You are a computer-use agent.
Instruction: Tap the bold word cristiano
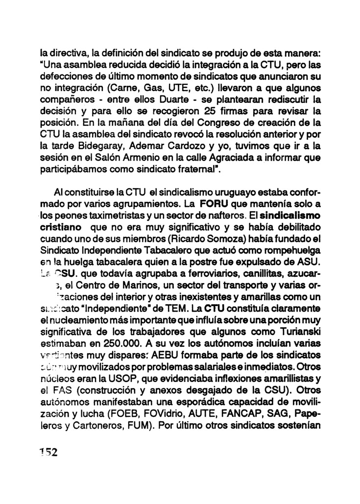pyautogui.click(x=58, y=228)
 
